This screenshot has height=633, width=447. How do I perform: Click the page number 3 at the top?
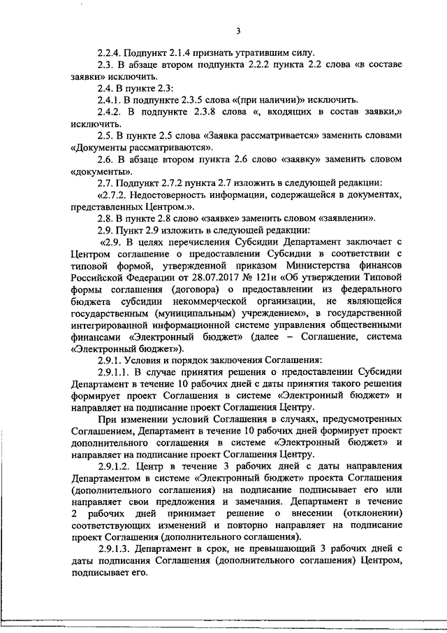(x=238, y=31)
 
